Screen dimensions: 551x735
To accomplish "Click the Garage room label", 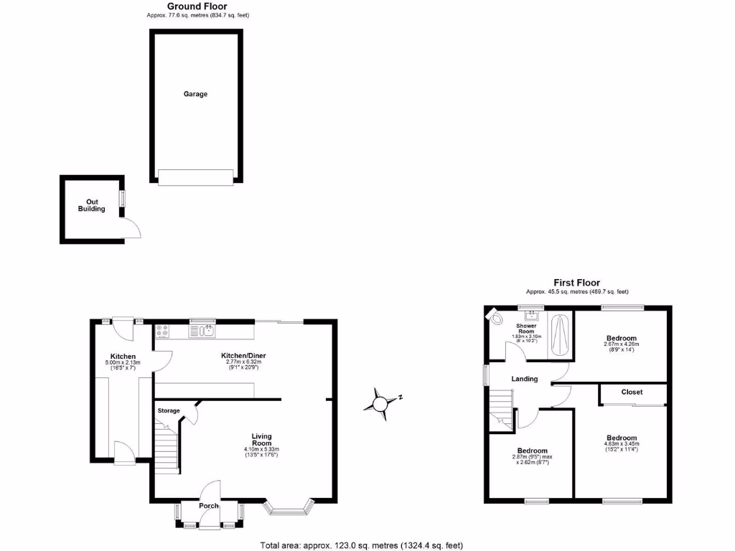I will (195, 94).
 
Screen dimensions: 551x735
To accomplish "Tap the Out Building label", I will (92, 205).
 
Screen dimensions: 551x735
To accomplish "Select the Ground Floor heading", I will (197, 6).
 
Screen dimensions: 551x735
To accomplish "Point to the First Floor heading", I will (576, 283).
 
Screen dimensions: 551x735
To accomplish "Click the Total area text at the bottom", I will (367, 544).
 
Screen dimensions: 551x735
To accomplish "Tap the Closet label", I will (632, 392).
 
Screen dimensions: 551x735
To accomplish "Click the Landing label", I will (525, 379).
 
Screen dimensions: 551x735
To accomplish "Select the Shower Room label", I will (526, 329).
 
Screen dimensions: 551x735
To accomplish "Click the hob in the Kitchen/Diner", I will (161, 331).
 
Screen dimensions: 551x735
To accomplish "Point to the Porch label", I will (209, 506).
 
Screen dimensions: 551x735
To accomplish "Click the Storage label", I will (169, 410).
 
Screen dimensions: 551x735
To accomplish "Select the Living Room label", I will (261, 439).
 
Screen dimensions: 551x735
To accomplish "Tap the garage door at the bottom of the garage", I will (196, 177).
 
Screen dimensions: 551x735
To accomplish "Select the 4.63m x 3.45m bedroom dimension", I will (622, 445).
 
